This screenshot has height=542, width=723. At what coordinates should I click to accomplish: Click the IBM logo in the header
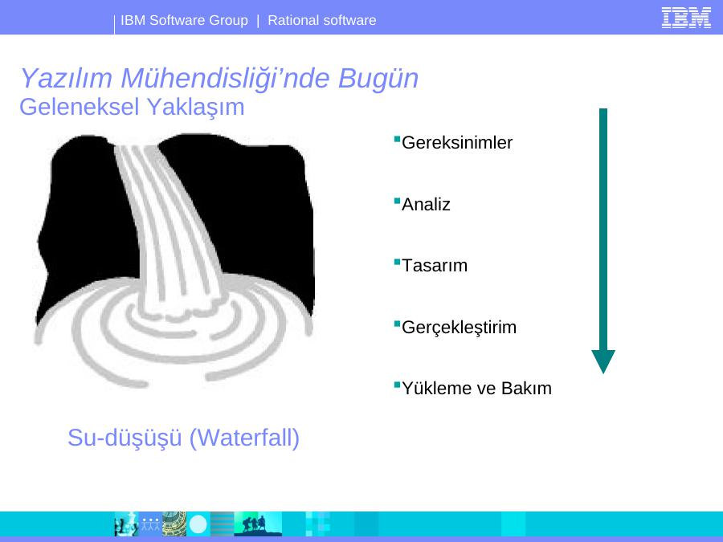coord(686,18)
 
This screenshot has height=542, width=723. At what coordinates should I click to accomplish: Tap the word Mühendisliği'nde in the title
coord(225,78)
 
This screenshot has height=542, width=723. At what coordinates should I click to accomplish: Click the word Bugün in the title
coord(378,79)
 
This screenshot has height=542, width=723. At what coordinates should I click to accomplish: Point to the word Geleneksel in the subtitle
coord(80,107)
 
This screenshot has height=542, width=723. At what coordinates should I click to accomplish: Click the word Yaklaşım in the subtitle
coord(195,108)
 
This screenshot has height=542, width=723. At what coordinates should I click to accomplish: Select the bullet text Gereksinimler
coord(457,142)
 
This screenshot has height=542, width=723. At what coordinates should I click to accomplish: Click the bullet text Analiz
coord(426,204)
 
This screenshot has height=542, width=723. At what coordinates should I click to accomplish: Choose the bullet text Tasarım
coord(435,266)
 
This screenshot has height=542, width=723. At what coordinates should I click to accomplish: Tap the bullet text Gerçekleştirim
coord(459,328)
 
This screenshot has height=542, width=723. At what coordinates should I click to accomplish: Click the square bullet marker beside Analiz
coord(397,201)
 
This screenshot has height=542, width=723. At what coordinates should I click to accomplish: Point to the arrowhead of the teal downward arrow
coord(603,362)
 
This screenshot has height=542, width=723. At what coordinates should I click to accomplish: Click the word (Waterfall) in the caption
coord(244,438)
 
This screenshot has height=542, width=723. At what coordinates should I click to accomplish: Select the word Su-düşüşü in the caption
coord(125,438)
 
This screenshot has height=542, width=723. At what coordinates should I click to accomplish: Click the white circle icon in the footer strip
coord(198,524)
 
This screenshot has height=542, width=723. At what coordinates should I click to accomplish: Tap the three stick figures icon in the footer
coord(150,524)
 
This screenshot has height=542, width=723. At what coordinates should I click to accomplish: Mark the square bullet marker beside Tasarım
coord(397,263)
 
